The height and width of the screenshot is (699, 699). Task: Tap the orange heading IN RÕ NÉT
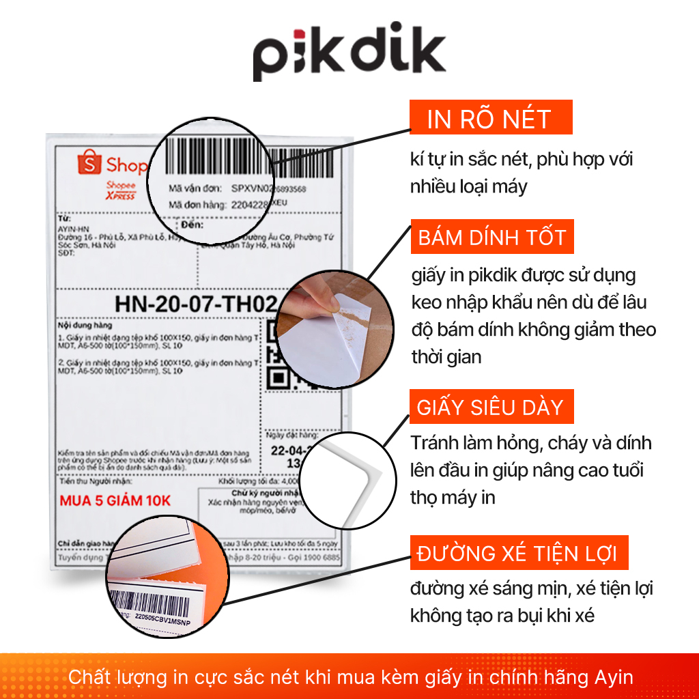(489, 119)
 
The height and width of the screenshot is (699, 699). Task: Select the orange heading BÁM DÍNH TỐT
(491, 238)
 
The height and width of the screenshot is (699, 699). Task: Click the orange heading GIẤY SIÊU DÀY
(490, 408)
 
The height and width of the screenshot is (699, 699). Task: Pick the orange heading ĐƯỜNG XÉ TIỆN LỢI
(517, 553)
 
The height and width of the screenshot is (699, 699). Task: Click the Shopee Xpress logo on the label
(121, 191)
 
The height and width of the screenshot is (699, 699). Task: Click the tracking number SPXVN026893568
(268, 188)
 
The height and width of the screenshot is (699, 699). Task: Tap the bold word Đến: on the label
(193, 225)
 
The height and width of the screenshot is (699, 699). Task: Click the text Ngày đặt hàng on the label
(292, 435)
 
